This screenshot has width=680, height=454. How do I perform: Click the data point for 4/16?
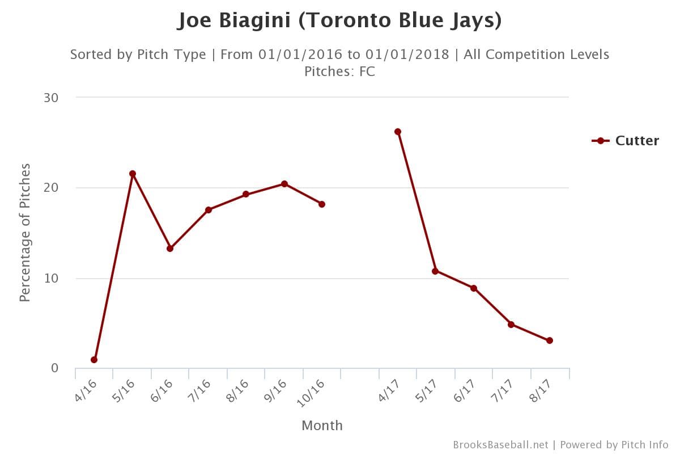click(94, 360)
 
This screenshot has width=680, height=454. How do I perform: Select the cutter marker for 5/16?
click(133, 174)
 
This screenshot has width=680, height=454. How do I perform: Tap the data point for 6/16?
click(170, 249)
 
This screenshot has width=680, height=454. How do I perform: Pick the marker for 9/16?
click(284, 184)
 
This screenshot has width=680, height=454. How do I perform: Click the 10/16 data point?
click(322, 204)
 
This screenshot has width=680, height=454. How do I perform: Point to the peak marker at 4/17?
click(398, 132)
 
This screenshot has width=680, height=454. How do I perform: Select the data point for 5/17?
click(435, 271)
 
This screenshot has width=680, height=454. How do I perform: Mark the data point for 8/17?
click(550, 340)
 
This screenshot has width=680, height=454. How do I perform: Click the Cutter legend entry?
click(626, 141)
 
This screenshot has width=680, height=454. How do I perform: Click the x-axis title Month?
click(322, 426)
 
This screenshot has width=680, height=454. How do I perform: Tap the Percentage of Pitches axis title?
click(25, 233)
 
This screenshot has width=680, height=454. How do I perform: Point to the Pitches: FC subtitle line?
click(340, 72)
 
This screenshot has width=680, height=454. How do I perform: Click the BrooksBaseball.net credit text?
click(500, 445)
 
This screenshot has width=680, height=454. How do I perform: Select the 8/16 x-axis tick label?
click(236, 392)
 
